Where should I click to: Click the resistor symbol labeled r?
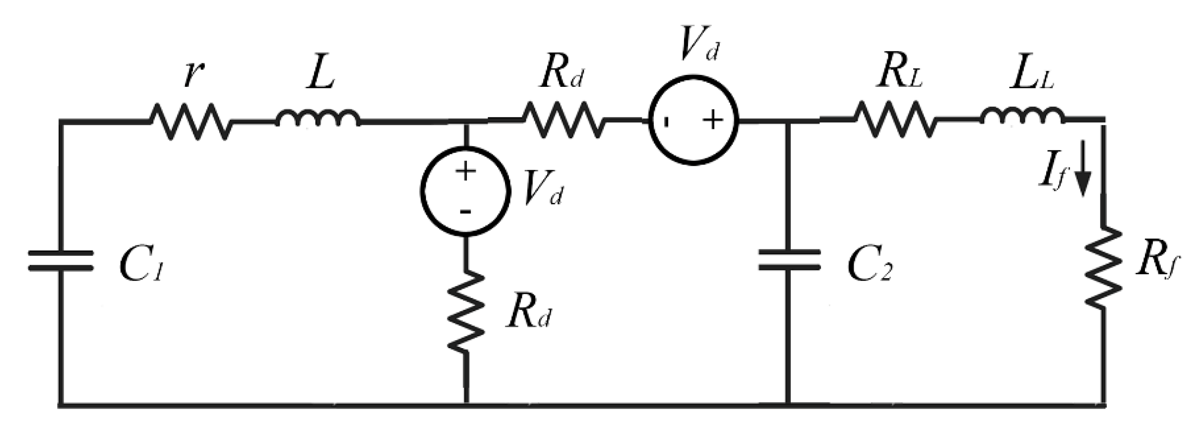[x=190, y=121]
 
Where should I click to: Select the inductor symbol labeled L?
[x=317, y=119]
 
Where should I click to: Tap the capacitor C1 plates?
[x=61, y=261]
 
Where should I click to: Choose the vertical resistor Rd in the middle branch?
[x=466, y=312]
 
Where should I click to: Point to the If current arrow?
[x=1082, y=169]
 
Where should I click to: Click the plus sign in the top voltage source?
[x=713, y=121]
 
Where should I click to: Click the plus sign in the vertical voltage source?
[x=465, y=172]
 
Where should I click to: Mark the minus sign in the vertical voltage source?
[x=465, y=212]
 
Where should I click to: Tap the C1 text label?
[x=141, y=268]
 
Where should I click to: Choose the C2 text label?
[x=870, y=268]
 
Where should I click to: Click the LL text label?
[x=1031, y=74]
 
